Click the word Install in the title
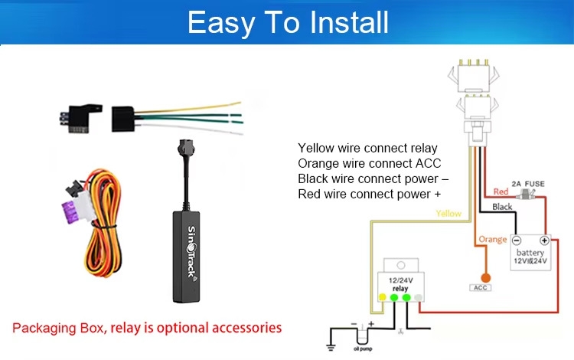[338, 23]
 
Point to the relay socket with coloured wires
[126, 118]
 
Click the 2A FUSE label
[527, 185]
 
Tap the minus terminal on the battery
[516, 239]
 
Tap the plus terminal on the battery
[544, 239]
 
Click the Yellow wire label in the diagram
[448, 214]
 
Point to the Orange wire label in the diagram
[493, 239]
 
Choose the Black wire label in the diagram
[502, 207]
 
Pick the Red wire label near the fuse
[501, 191]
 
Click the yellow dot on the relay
[382, 296]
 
